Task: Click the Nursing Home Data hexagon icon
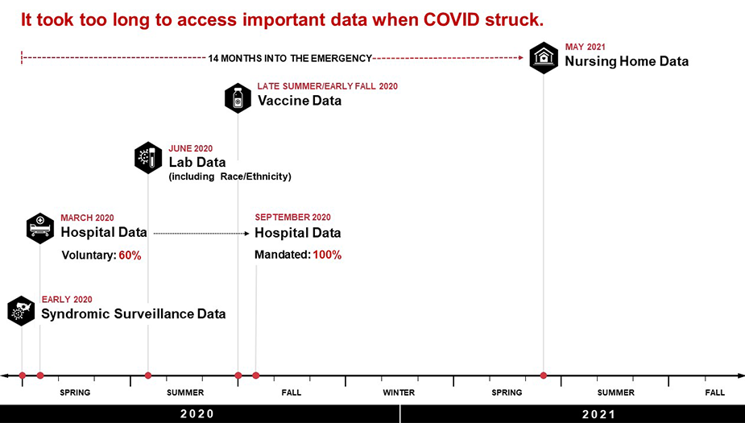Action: tap(544, 57)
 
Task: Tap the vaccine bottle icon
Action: tap(238, 98)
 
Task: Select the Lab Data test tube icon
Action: tap(148, 157)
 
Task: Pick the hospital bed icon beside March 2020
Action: tap(40, 228)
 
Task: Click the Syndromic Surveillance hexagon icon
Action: tap(22, 310)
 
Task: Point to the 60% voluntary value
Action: tap(130, 255)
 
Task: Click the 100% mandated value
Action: tap(327, 255)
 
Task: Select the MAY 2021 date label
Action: tap(585, 48)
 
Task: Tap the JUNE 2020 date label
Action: tap(191, 148)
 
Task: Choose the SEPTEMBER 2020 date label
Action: tap(292, 218)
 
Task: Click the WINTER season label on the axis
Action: tap(399, 392)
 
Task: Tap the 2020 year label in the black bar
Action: tap(197, 414)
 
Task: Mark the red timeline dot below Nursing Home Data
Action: tap(544, 375)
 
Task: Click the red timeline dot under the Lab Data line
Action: tap(148, 375)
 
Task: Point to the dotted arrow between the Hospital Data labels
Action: tap(201, 233)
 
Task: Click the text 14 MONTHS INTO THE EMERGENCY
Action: tap(290, 58)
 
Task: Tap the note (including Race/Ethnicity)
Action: tap(230, 176)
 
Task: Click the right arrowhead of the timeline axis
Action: tap(739, 375)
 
